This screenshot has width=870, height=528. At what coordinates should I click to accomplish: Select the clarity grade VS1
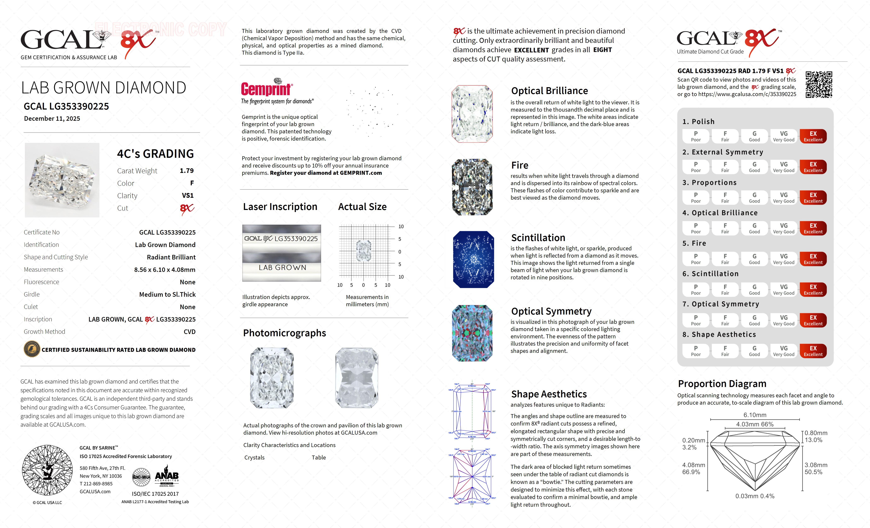tap(187, 195)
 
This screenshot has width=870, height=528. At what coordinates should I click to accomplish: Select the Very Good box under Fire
tap(783, 259)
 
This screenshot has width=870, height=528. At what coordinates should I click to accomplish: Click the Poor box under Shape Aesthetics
tap(696, 351)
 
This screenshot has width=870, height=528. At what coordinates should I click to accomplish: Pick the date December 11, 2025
tap(52, 119)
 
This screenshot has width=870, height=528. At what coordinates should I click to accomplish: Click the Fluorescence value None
tap(187, 282)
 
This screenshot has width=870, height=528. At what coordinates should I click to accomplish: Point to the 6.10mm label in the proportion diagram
tap(755, 415)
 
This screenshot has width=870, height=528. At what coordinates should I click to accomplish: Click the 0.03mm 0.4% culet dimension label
tap(755, 496)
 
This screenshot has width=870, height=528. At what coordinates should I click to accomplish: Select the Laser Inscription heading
tap(280, 207)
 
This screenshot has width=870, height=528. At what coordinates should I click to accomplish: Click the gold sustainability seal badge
tap(31, 350)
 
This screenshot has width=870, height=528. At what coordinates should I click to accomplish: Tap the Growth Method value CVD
tap(189, 332)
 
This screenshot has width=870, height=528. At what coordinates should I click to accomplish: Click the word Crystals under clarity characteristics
tap(254, 457)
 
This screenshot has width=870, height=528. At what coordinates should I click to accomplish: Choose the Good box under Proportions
tap(754, 198)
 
